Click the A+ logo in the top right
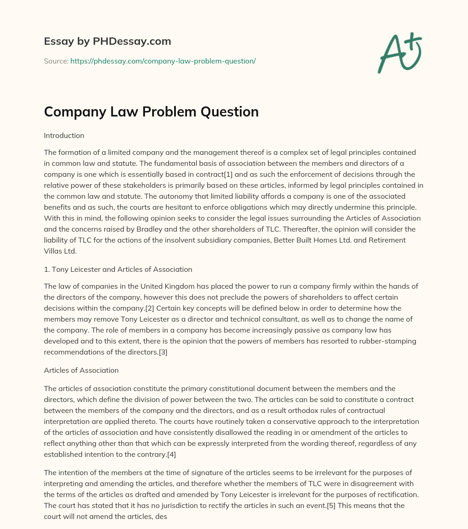click(399, 53)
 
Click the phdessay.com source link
click(163, 61)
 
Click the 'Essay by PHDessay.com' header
click(107, 42)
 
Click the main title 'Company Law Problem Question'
click(151, 111)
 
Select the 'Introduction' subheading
click(64, 136)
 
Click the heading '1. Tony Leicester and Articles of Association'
click(118, 270)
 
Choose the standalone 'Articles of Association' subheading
click(81, 370)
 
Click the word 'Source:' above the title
click(56, 61)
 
